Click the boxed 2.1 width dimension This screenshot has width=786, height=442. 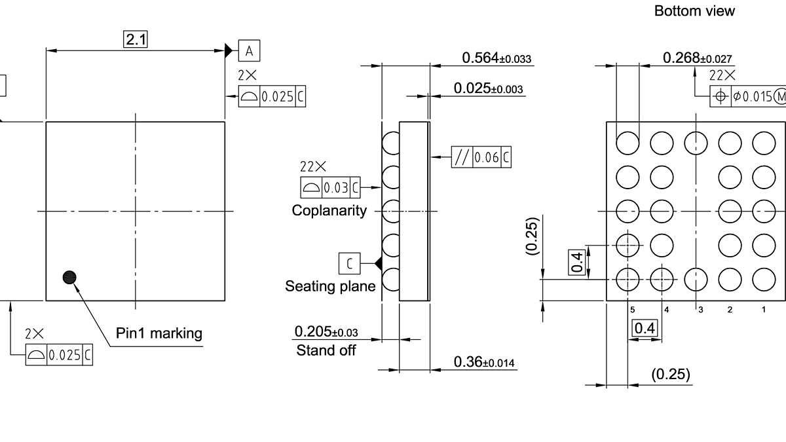[136, 39]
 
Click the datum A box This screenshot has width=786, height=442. [249, 50]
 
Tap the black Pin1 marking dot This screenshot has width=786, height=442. [69, 277]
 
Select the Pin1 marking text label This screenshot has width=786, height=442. [159, 333]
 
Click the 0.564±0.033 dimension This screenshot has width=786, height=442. [496, 58]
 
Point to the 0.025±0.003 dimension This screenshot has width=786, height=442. [489, 88]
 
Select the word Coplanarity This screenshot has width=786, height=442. [329, 211]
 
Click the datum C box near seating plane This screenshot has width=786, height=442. [349, 263]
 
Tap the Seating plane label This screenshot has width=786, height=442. [330, 286]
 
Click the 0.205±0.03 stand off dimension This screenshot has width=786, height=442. [326, 331]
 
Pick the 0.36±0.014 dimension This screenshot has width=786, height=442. [485, 361]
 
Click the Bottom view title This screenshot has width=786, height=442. [694, 11]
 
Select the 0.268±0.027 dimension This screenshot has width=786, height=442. [697, 58]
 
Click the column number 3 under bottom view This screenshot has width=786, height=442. [700, 309]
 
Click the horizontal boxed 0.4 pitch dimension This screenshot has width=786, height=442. [645, 328]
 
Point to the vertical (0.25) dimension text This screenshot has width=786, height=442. [532, 236]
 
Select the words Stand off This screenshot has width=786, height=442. [326, 350]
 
